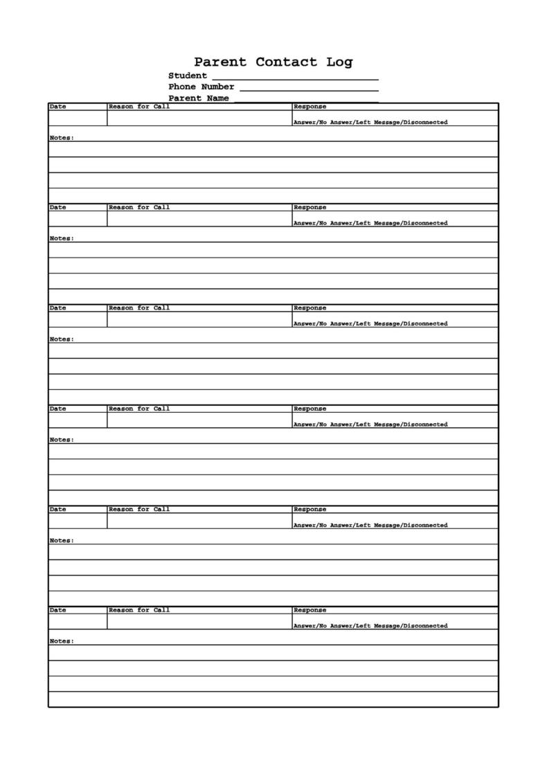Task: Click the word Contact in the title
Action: tap(287, 62)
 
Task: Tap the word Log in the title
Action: tap(339, 62)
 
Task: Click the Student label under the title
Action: tap(187, 75)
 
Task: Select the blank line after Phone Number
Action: tap(309, 89)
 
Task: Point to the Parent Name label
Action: tap(198, 98)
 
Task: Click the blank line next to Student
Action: tap(295, 78)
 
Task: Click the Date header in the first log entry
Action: tap(58, 107)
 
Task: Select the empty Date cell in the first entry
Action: tap(78, 118)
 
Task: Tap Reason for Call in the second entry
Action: tap(139, 207)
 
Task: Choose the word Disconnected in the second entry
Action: tap(425, 223)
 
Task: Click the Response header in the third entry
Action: tap(310, 308)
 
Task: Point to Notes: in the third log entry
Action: tap(62, 339)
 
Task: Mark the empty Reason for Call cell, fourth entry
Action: tap(199, 420)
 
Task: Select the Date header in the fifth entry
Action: tap(58, 509)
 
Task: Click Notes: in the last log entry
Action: tap(62, 641)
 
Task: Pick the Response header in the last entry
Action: tap(310, 610)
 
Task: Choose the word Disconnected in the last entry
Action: tap(425, 626)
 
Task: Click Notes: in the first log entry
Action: tap(62, 138)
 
